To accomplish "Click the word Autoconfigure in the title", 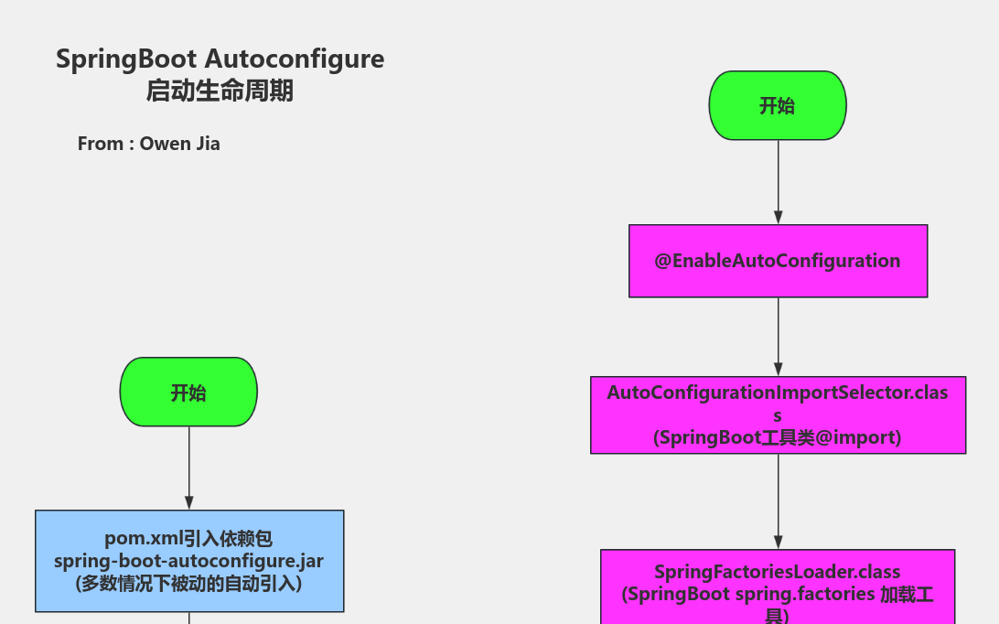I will [x=294, y=59].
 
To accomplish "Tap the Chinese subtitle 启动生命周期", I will [x=220, y=91].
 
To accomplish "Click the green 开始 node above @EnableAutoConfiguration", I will [x=778, y=105].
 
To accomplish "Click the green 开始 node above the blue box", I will [x=188, y=393].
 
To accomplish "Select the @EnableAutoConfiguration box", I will [x=778, y=261].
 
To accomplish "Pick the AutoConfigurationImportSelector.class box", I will [x=778, y=414].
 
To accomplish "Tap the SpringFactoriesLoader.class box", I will [x=778, y=586].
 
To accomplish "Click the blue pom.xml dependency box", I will [x=189, y=561].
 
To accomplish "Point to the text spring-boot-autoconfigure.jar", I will [x=188, y=560].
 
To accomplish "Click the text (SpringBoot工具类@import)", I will [x=778, y=437].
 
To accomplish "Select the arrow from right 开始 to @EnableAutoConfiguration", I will [x=779, y=183].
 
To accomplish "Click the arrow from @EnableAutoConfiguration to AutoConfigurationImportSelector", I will [x=779, y=337].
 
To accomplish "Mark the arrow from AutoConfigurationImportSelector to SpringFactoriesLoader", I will [x=779, y=501].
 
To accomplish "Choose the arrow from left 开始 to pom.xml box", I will [x=189, y=468].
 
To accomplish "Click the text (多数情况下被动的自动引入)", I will [x=188, y=582].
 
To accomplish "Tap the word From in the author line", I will [x=101, y=144].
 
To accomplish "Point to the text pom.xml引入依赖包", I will [x=188, y=539].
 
